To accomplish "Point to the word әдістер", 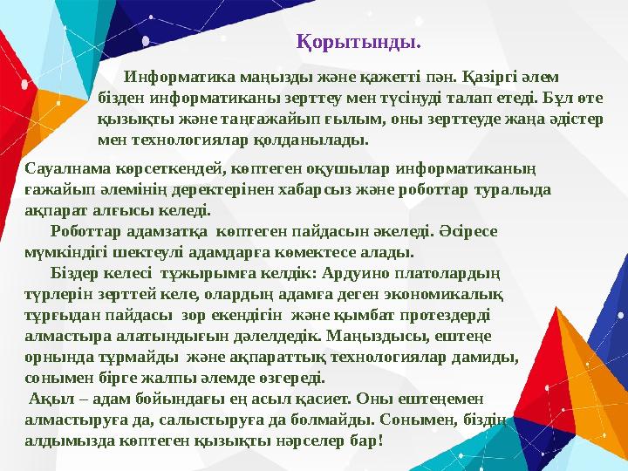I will pyautogui.click(x=573, y=119).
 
